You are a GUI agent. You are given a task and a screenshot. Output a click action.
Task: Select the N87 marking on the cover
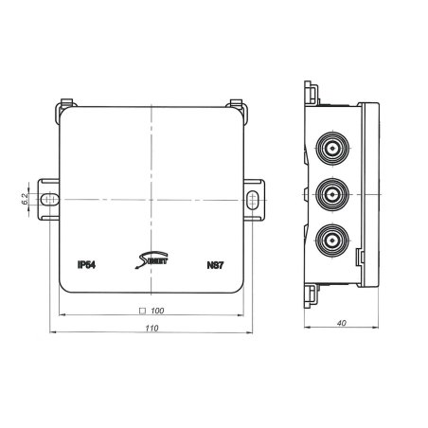coord(215,266)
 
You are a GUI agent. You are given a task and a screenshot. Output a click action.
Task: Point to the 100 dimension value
coord(158,310)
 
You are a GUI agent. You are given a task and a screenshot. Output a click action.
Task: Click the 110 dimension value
coord(152,327)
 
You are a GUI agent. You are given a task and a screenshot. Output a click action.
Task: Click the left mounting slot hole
coord(52,199)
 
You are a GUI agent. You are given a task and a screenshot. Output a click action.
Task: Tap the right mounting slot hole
coord(253,199)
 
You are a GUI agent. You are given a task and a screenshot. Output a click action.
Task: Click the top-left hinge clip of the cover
coord(66,105)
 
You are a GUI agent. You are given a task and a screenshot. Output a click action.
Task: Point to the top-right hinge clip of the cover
coord(238,105)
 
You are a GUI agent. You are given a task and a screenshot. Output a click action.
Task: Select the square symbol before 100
coord(141,310)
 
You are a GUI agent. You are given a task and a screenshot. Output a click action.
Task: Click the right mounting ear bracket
coord(255,199)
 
